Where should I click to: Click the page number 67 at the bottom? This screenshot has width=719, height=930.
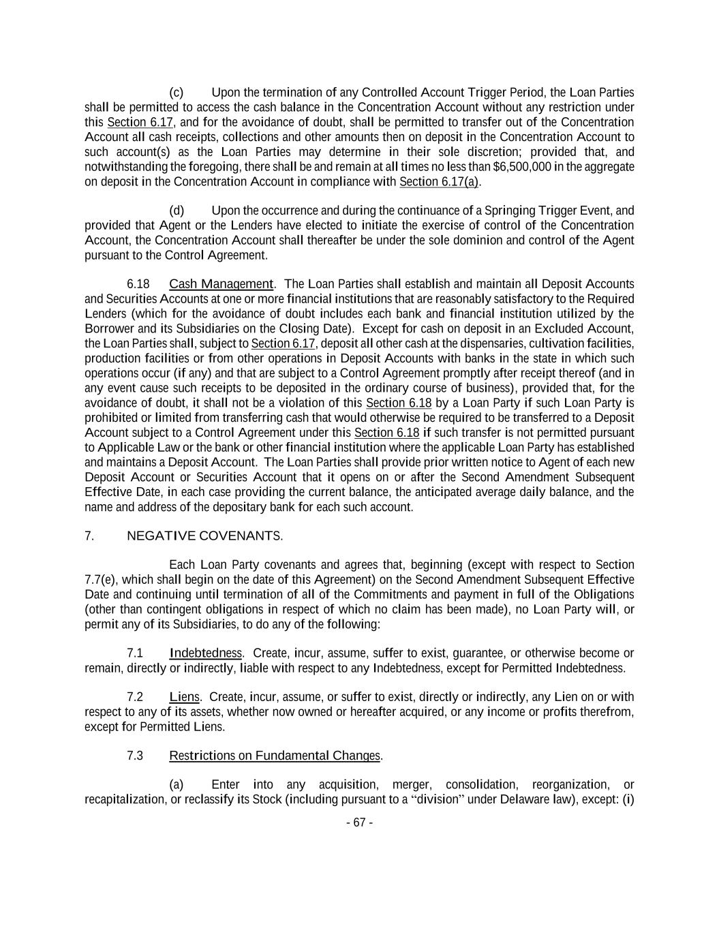tap(359, 822)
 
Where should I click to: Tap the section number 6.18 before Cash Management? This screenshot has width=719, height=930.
tap(138, 284)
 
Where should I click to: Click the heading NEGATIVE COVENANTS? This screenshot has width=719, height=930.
tap(204, 536)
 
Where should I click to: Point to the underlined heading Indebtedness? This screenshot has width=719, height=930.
tap(205, 653)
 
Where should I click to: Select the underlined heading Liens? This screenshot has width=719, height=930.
tap(184, 697)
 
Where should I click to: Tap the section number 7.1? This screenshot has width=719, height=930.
tap(135, 653)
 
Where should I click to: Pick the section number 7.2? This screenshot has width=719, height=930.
tap(135, 697)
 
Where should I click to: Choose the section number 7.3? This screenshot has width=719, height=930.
tap(135, 756)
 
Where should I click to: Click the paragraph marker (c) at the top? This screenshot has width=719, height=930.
tap(177, 93)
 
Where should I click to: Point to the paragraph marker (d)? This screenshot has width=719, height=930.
tap(177, 211)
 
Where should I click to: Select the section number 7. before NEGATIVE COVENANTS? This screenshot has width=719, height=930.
tap(89, 536)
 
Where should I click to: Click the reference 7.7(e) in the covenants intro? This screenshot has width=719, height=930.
tap(101, 580)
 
